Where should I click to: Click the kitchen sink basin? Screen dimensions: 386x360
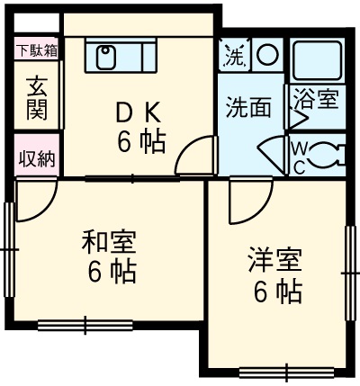point(104,57)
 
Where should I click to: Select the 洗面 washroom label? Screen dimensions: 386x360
point(248,107)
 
